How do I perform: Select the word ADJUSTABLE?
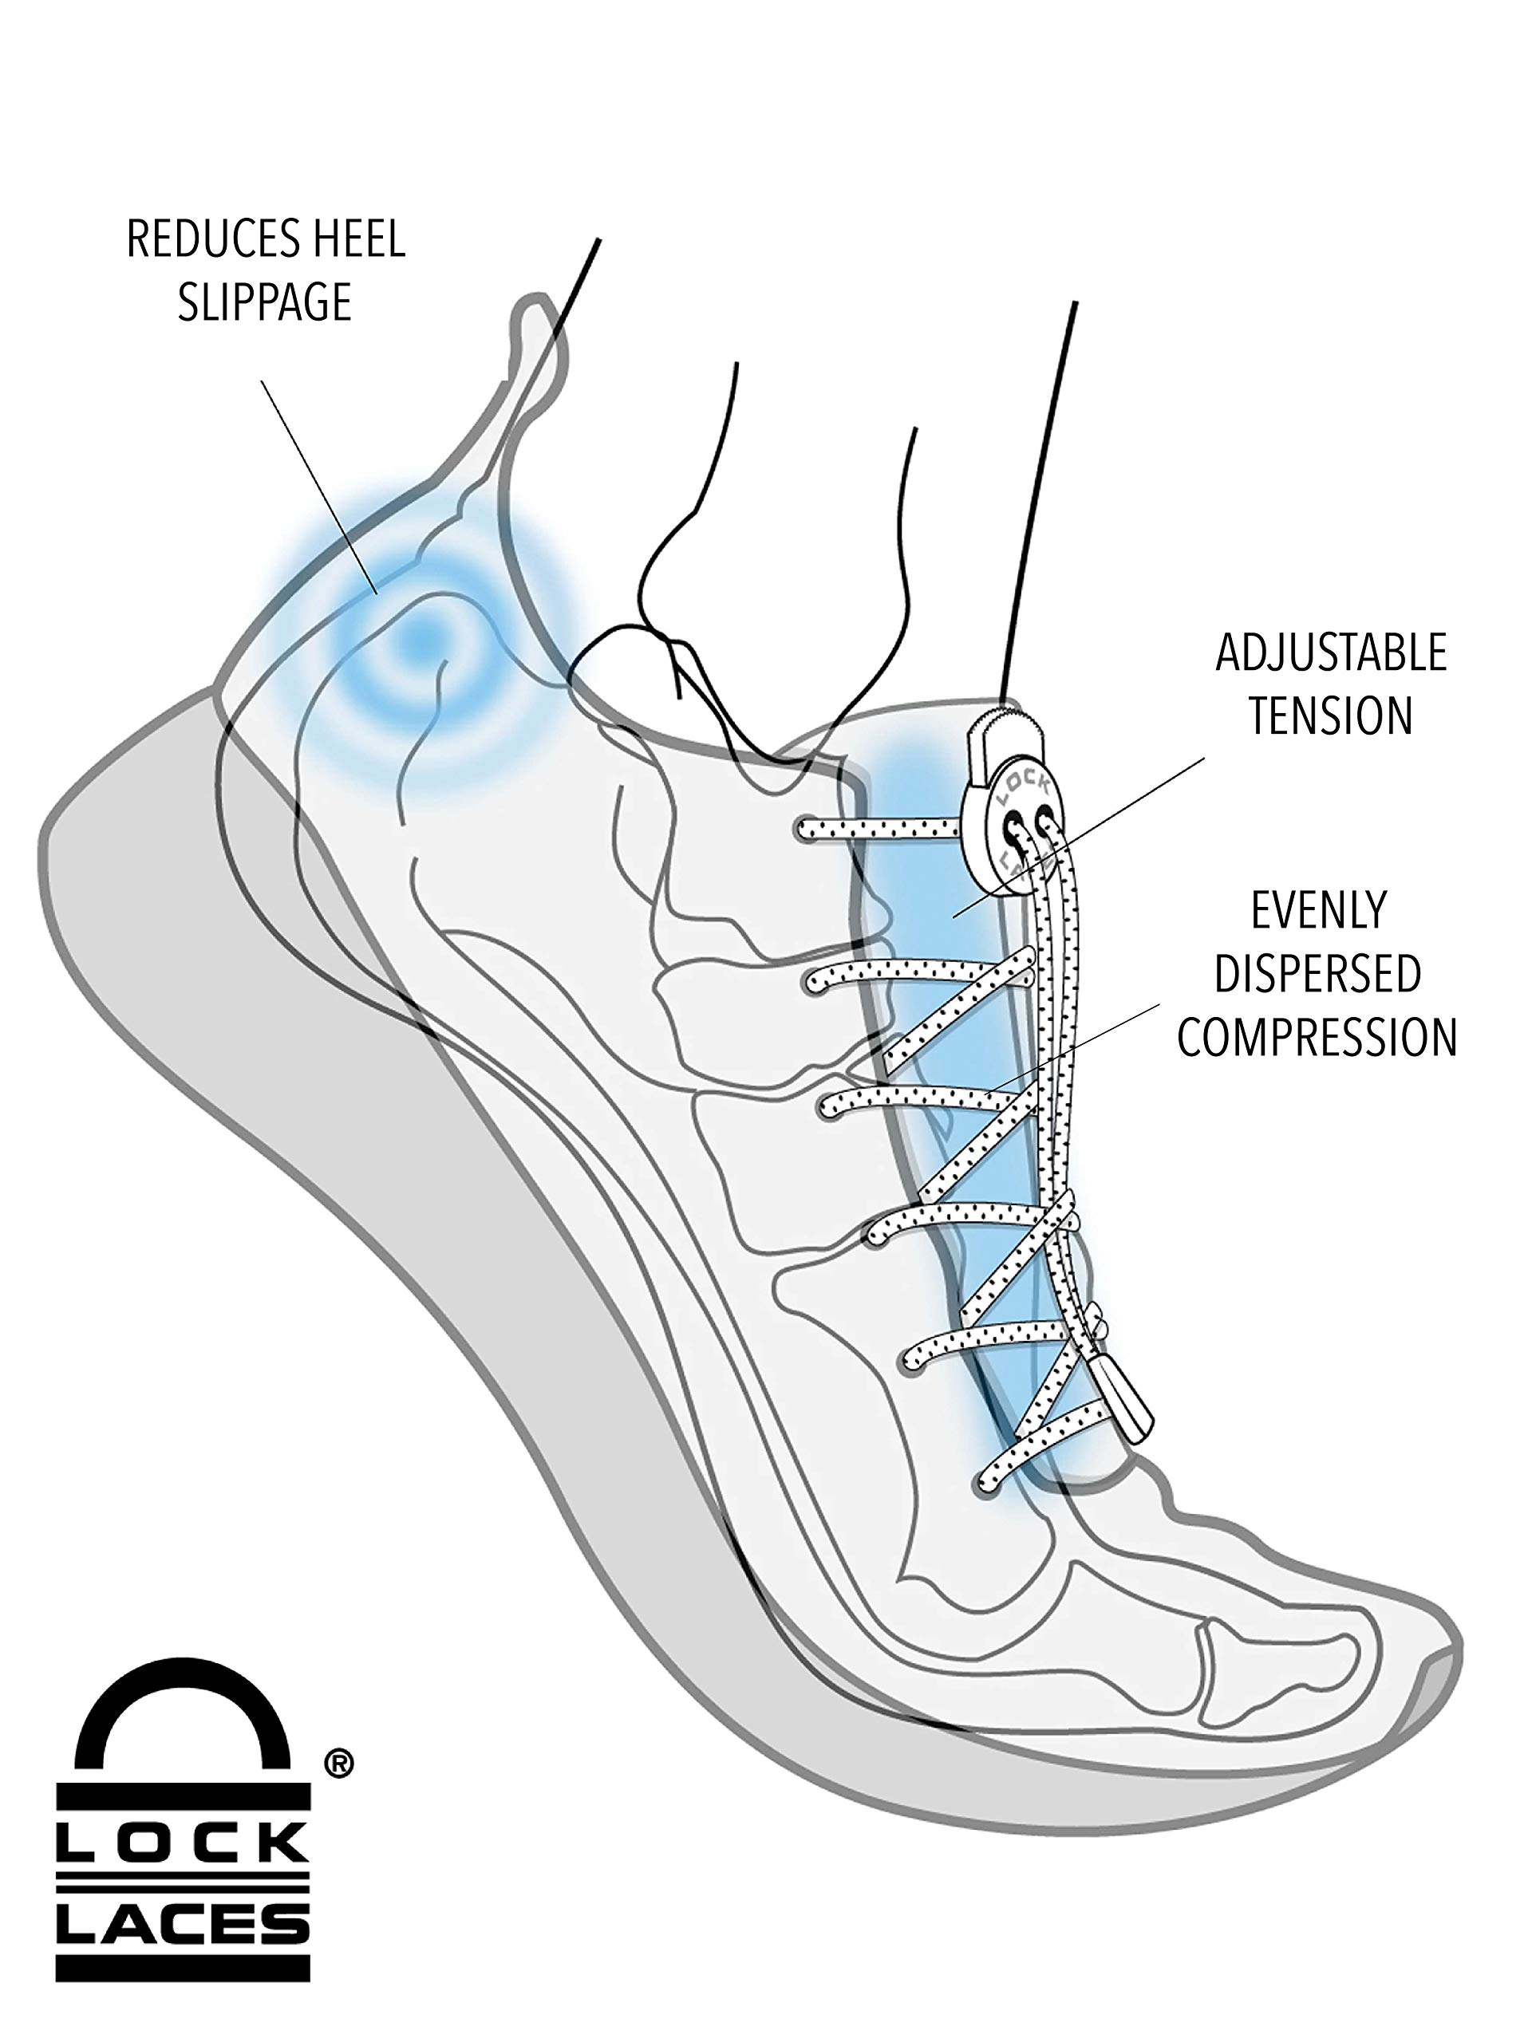pos(1331,653)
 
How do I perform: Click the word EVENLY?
pos(1319,911)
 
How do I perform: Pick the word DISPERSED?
pos(1318,974)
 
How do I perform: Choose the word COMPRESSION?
pos(1317,1037)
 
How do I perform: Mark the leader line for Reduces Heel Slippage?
pos(319,487)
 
